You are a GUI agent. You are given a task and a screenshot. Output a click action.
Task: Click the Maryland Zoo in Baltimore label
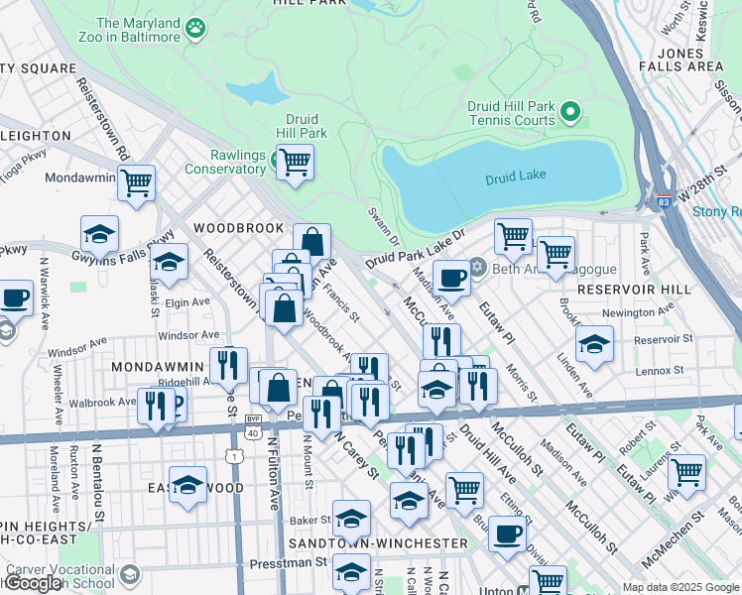[140, 30]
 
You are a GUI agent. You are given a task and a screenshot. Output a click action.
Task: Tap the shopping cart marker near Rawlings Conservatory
[295, 161]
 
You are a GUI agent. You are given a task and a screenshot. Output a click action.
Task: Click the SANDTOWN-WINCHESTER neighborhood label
[377, 543]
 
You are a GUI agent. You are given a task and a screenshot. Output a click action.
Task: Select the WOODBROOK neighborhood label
[238, 228]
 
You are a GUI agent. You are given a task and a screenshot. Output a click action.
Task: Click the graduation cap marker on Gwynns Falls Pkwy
[99, 234]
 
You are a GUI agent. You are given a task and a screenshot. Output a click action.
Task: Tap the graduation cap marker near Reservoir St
[593, 344]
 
